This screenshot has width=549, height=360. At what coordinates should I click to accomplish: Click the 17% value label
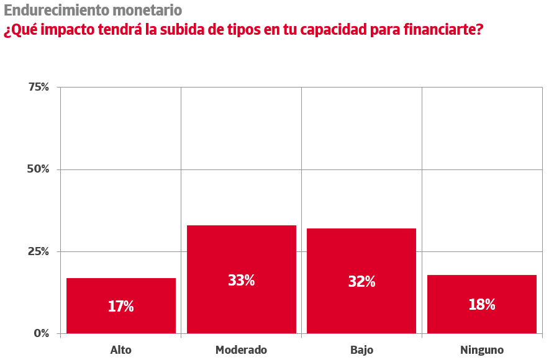pos(121,306)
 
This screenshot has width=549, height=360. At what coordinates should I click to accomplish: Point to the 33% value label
pos(241,281)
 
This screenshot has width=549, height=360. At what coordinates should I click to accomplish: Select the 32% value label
pos(361,282)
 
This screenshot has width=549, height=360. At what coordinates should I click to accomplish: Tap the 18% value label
pos(482,305)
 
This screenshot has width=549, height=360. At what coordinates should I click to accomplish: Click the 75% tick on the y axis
pos(39,87)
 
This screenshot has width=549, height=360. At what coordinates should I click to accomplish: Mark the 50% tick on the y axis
pos(39,169)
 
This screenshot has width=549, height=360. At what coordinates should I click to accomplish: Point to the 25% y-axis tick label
pos(39,251)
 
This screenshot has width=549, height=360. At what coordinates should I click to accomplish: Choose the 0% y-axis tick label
pos(41,333)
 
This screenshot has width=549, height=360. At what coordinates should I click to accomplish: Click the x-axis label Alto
pos(121,350)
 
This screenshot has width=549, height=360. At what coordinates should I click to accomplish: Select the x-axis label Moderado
pos(241,350)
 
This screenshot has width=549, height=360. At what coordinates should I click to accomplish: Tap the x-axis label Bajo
pos(361,350)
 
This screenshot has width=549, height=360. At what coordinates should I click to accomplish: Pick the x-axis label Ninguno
pos(482,350)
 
